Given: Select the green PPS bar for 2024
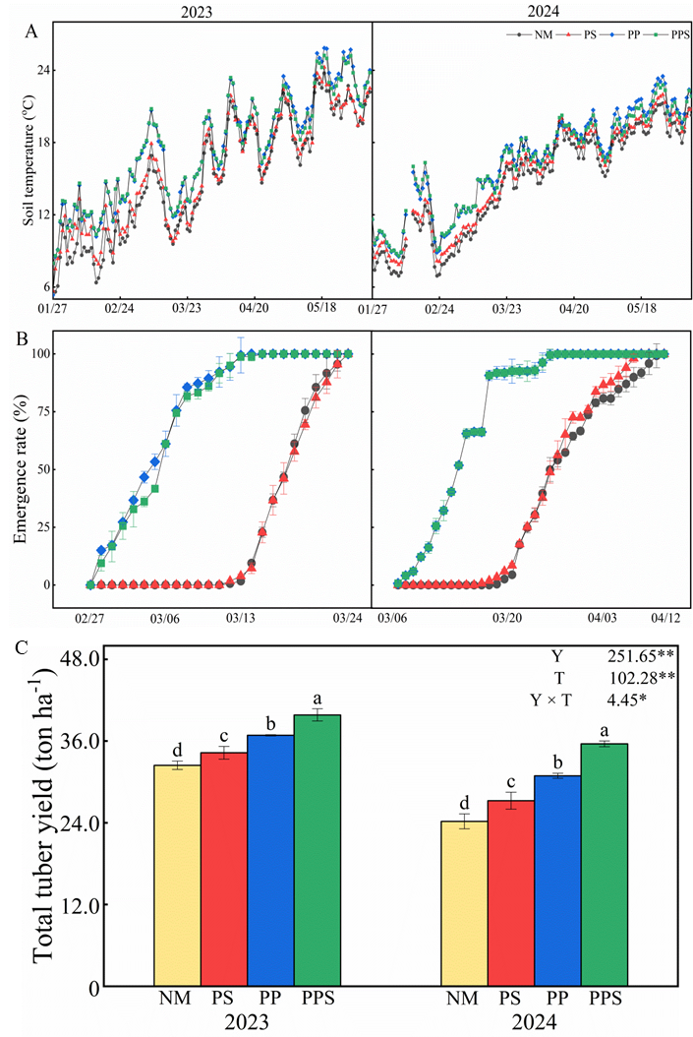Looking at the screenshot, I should coord(605,866).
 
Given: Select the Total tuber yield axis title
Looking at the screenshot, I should coord(42,819).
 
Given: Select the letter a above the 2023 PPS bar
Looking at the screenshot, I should coord(318,699).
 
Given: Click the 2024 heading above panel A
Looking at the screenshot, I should coord(532,10).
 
